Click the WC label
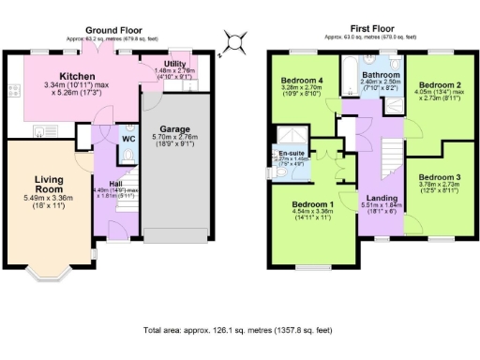tap(128, 140)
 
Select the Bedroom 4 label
tap(302, 82)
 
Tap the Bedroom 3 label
tap(439, 177)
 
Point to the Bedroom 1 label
tap(311, 204)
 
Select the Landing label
tap(381, 198)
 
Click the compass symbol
tap(235, 43)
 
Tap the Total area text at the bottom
tap(239, 330)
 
